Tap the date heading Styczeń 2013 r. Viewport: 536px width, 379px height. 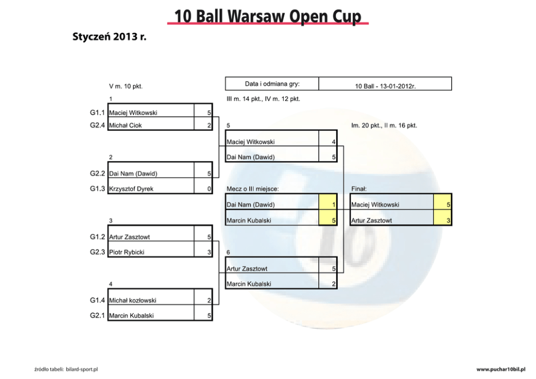(x=110, y=37)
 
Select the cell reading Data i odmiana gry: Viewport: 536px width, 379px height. (x=272, y=84)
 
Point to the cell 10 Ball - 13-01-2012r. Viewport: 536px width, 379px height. (x=385, y=86)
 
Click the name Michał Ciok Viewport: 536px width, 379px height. (x=125, y=125)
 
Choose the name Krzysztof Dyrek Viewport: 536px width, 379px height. (x=131, y=189)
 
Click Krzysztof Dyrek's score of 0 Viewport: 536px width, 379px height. (x=209, y=189)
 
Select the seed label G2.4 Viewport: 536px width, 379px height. (x=97, y=125)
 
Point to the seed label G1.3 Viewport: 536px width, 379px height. (x=97, y=189)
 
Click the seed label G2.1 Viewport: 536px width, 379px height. (x=97, y=315)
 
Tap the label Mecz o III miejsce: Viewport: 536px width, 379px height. (x=253, y=189)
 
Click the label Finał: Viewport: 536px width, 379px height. (x=359, y=189)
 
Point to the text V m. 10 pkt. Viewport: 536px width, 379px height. (x=126, y=86)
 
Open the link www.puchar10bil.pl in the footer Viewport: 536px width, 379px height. (x=501, y=369)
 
